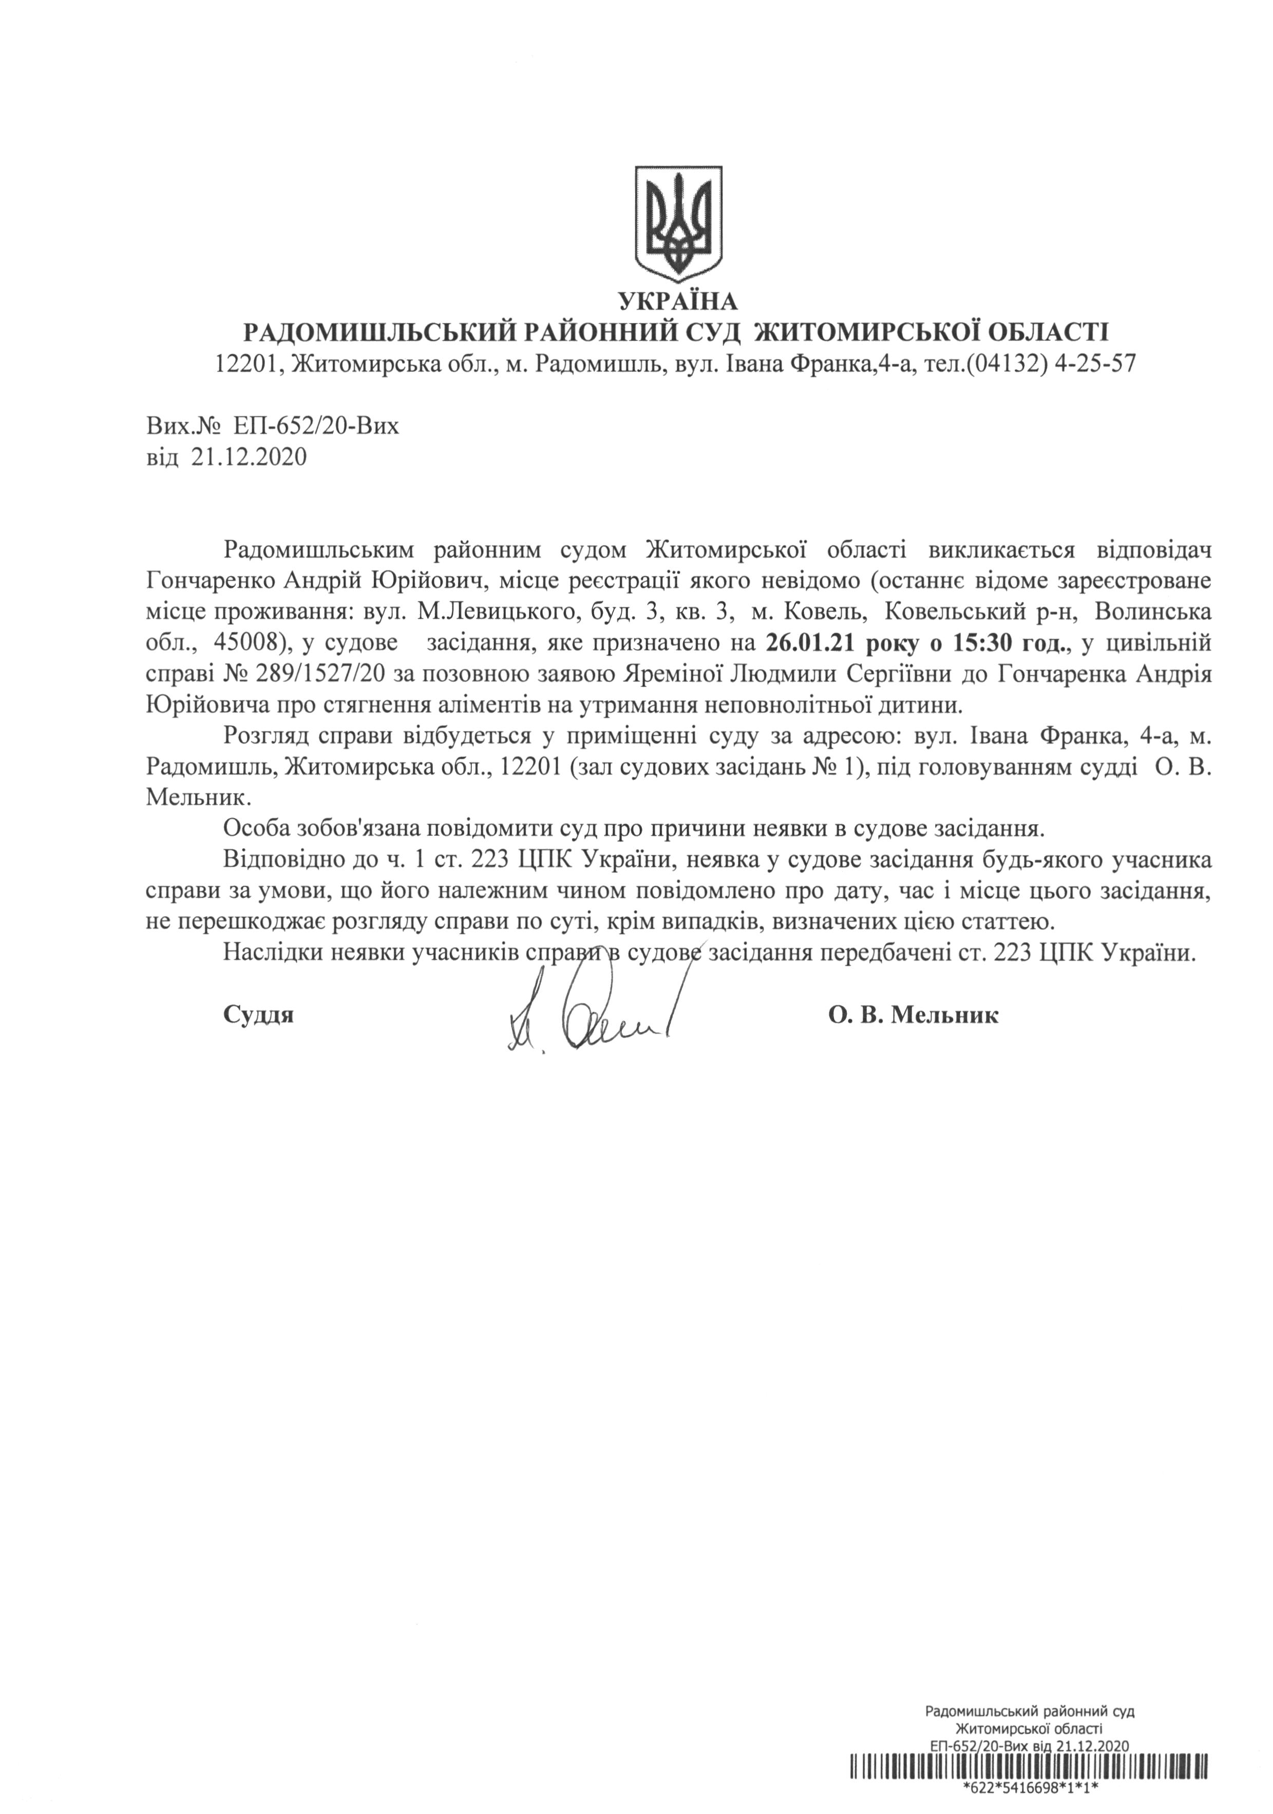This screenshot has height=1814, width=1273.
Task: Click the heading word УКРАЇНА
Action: [x=677, y=300]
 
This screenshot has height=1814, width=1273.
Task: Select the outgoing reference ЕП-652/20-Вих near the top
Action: [x=316, y=427]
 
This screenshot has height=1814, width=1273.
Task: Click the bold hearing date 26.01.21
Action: [x=813, y=643]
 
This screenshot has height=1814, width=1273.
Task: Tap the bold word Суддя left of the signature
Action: [x=258, y=1015]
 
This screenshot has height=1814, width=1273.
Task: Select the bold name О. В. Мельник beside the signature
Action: [x=913, y=1015]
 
